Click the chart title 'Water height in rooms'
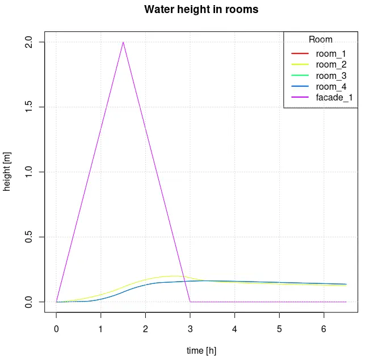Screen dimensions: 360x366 click(x=201, y=10)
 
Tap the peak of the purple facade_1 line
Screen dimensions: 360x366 click(x=123, y=42)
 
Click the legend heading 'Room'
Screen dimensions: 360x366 click(x=321, y=40)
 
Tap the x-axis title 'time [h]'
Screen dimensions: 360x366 click(x=201, y=350)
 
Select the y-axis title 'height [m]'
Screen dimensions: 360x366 click(x=7, y=172)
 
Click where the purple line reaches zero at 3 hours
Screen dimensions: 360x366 click(x=190, y=302)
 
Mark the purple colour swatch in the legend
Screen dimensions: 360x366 click(x=300, y=98)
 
